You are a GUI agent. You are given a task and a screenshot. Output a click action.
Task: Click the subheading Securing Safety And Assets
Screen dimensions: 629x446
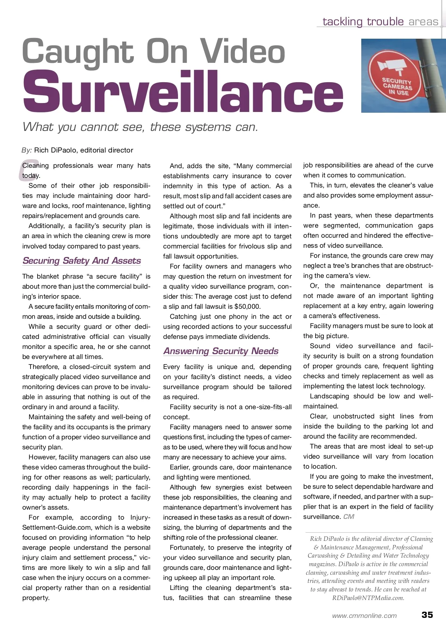82,260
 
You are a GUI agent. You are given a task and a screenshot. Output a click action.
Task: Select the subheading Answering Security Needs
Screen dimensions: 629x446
221,351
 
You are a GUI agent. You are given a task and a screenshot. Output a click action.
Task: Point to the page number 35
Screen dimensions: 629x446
427,614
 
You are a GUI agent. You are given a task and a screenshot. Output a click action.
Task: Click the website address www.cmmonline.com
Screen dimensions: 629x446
364,616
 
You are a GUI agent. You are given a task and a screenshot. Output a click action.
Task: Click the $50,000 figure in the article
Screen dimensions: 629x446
248,307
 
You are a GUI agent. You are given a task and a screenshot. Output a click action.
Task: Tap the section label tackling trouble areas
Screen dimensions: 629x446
380,22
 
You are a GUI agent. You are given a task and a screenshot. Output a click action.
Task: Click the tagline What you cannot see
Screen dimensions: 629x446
140,127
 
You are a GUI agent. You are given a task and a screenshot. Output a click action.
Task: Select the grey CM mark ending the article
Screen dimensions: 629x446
349,517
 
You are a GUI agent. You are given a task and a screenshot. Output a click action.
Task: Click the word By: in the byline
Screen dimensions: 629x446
26,150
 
